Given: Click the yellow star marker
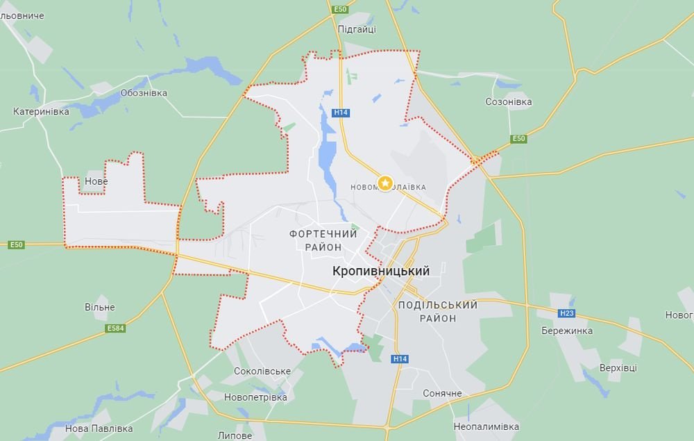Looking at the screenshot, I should click(x=385, y=183).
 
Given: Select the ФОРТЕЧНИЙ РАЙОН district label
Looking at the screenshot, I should click(x=323, y=240).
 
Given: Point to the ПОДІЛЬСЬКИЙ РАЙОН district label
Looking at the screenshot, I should click(x=438, y=311).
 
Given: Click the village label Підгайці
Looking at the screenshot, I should click(x=357, y=29).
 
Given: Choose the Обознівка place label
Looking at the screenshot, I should click(x=144, y=93).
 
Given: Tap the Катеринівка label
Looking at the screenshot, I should click(x=42, y=111).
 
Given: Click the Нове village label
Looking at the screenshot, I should click(x=96, y=181).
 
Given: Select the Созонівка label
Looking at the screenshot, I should click(x=508, y=102).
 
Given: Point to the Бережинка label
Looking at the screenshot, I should click(x=567, y=331).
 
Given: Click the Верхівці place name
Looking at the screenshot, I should click(x=618, y=367).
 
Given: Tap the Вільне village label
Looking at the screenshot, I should click(x=100, y=307).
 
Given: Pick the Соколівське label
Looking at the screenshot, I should click(x=262, y=371).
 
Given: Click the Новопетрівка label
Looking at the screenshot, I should click(x=255, y=397).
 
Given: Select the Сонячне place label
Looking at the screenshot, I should click(x=442, y=394).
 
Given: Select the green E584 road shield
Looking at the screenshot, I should click(x=116, y=328).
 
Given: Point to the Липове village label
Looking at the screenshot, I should click(x=235, y=435).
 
